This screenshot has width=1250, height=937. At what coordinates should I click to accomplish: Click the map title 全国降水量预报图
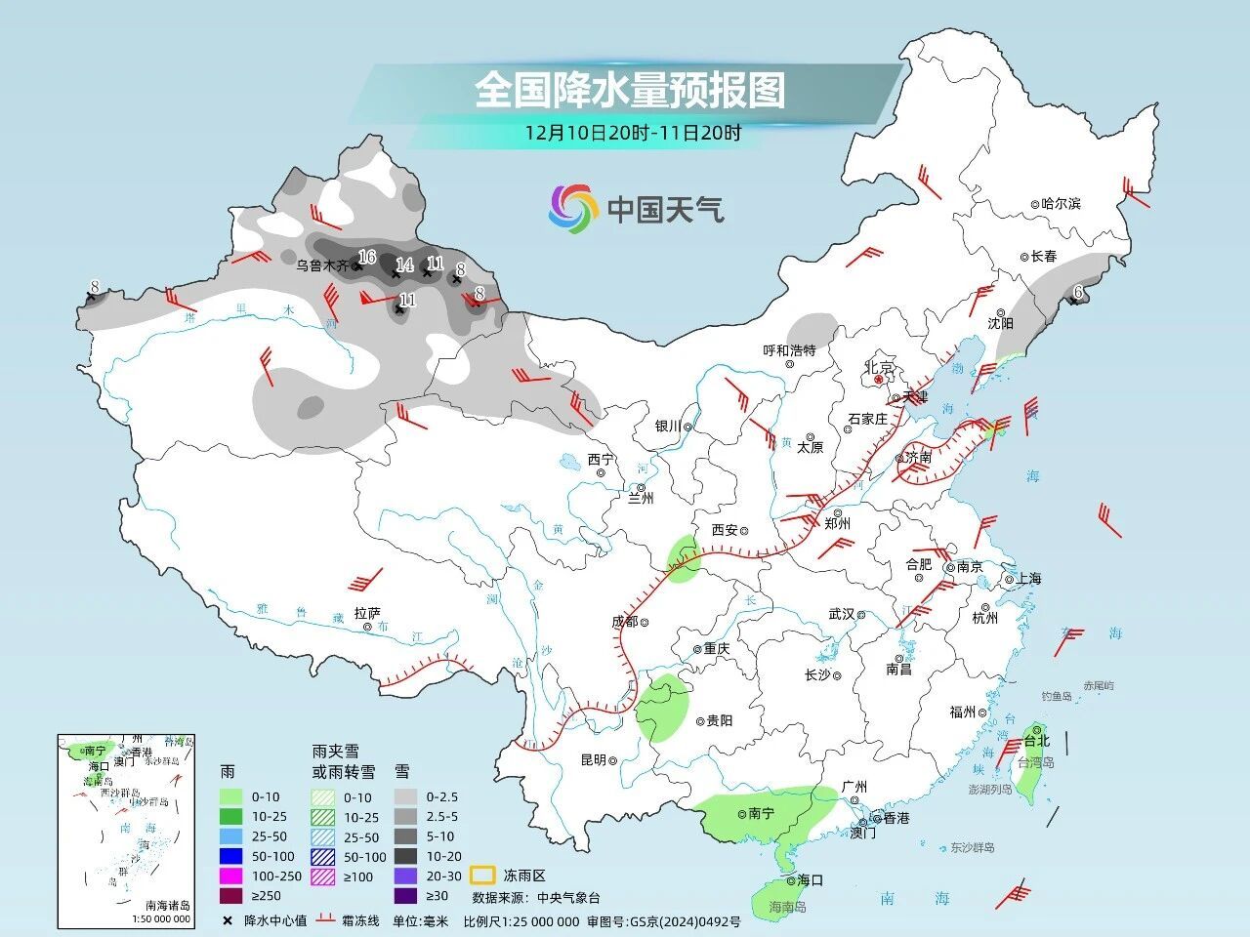click(x=630, y=91)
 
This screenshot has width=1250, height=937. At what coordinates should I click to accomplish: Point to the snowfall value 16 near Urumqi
click(x=367, y=257)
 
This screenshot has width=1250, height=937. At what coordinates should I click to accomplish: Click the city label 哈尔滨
click(x=1062, y=204)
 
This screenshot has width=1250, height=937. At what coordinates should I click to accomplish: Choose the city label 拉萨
click(x=366, y=613)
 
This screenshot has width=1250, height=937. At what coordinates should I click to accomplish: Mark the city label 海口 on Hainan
click(x=810, y=879)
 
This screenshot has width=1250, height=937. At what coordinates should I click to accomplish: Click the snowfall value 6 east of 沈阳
click(x=1078, y=291)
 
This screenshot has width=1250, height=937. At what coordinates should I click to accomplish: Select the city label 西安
click(x=724, y=530)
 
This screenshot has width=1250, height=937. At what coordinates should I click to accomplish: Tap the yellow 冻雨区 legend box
click(x=482, y=875)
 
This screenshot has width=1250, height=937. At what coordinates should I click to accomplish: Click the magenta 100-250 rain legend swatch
click(x=230, y=875)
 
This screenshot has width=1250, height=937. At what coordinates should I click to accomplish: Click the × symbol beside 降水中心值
click(x=228, y=920)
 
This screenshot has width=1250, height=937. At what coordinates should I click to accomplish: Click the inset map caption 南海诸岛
click(x=167, y=906)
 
